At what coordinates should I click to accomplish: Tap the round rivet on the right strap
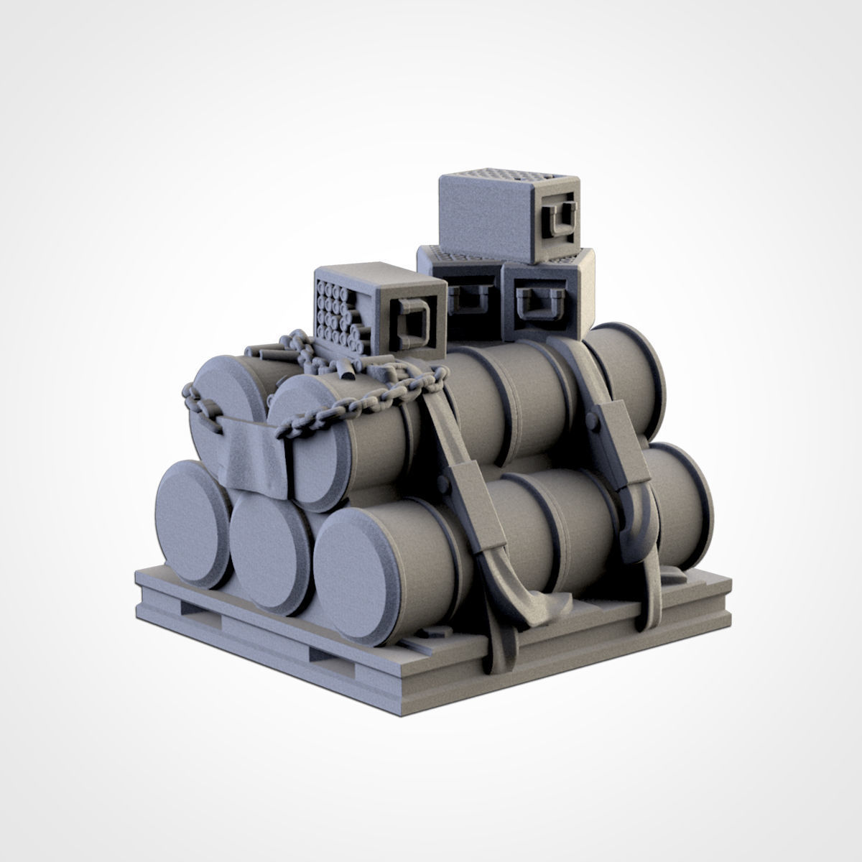click(593, 425)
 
